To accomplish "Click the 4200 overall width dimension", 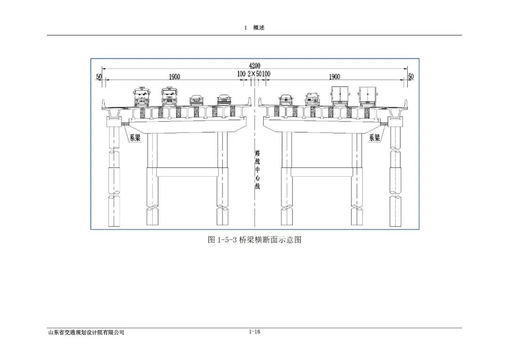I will tap(254, 65).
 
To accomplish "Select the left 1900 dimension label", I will tap(174, 76).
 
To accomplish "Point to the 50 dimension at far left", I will tap(99, 76).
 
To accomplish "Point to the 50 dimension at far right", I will tap(410, 76).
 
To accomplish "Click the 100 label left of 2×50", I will tap(241, 74).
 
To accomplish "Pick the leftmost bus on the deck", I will tap(141, 96).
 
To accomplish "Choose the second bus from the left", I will tap(169, 96).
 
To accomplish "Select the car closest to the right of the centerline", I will tap(286, 99).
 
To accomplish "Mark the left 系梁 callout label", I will tap(135, 138).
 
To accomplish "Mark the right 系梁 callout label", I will tap(375, 138).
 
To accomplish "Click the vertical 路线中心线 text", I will tap(257, 170).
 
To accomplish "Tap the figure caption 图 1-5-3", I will tap(254, 239).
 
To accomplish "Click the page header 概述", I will tap(259, 28).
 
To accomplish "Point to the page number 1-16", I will tap(254, 332).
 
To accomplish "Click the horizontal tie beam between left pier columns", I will tap(187, 172).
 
